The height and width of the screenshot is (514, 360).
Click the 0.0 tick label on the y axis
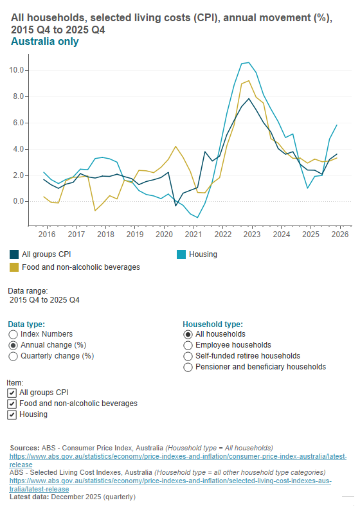tap(19, 201)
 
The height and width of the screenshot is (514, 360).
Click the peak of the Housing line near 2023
tap(248, 62)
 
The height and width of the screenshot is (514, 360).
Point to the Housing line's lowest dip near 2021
tap(197, 217)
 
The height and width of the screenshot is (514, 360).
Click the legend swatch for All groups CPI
tap(14, 254)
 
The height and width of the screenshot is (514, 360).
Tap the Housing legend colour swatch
tap(181, 254)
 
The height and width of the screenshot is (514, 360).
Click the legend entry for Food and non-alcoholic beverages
tap(80, 267)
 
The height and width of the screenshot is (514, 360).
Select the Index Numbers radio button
tap(13, 334)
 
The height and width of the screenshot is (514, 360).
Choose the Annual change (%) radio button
tap(13, 345)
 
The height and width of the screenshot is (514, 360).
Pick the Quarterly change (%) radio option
tap(13, 355)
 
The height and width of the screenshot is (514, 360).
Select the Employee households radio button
tap(188, 345)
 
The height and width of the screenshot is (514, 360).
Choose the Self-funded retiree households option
tap(188, 356)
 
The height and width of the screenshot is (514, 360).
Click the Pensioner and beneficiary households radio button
tap(188, 367)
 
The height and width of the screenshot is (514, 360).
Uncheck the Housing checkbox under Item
tap(12, 415)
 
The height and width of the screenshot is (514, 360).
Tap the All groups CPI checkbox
tap(12, 393)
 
